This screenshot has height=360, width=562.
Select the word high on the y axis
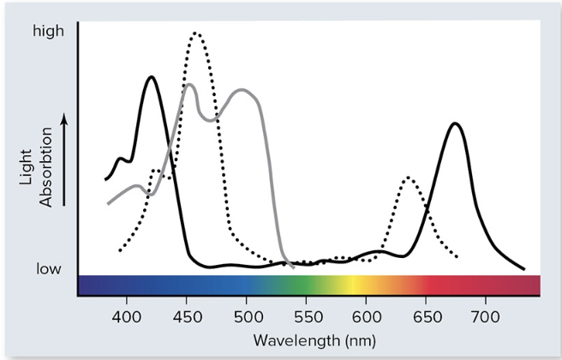pos(48,32)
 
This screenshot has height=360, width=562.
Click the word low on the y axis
pos(49,269)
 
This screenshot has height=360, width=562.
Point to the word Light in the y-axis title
pos(27,166)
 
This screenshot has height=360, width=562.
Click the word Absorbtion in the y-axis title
pos(45,166)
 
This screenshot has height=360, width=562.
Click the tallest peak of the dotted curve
pos(196,33)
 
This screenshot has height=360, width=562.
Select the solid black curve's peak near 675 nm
pos(456,123)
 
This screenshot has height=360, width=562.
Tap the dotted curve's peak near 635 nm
pos(409,177)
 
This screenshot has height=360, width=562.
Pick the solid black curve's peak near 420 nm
pos(152,77)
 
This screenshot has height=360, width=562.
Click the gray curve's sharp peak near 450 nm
pos(188,84)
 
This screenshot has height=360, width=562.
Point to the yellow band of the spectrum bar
pos(353,285)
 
